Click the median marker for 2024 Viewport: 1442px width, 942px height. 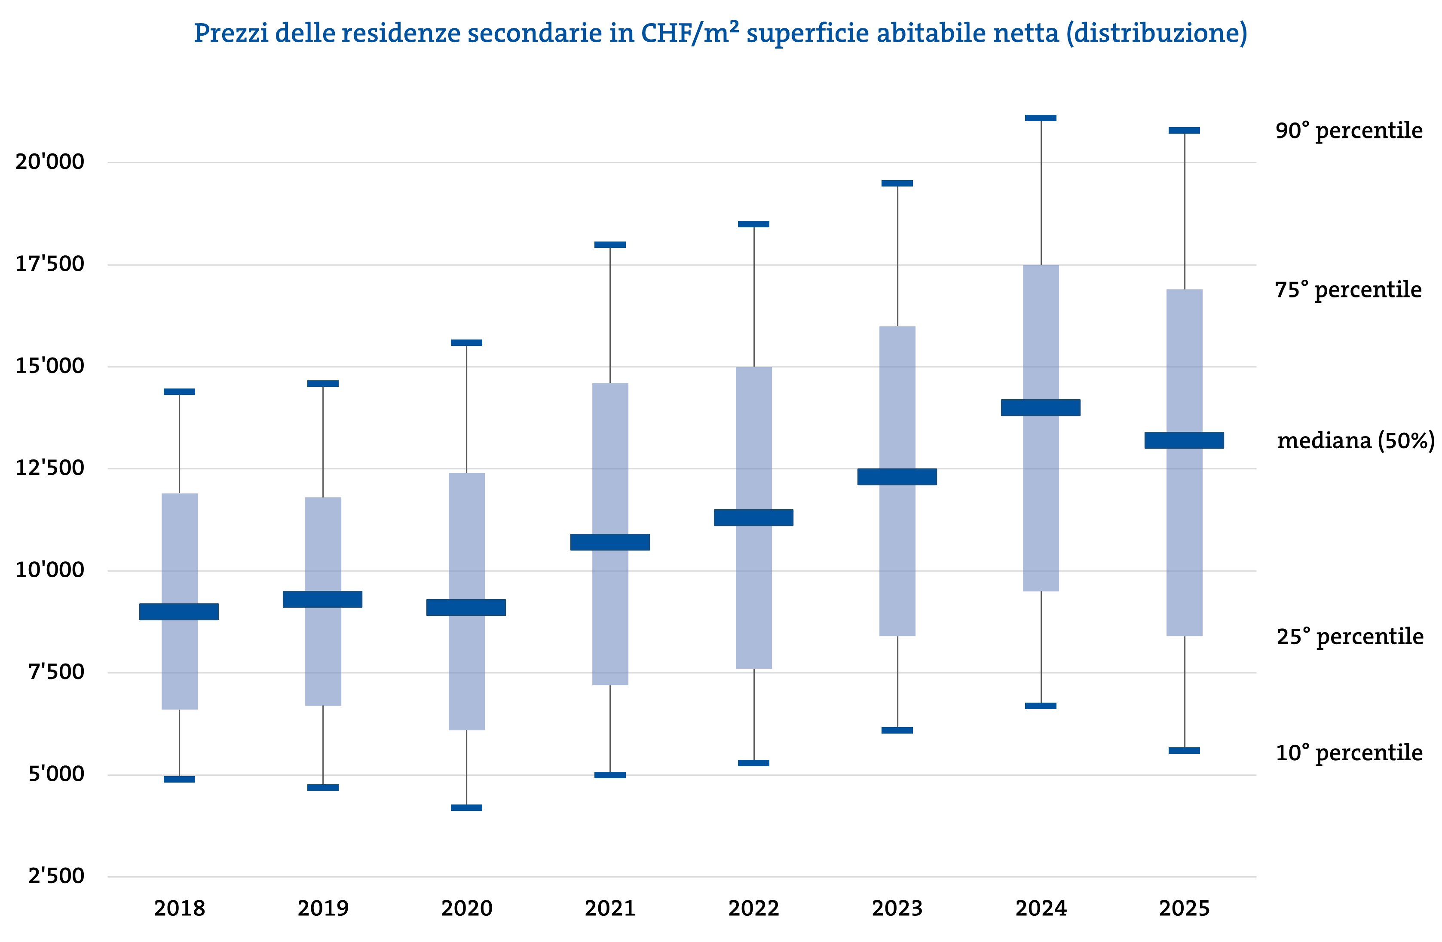click(x=1040, y=408)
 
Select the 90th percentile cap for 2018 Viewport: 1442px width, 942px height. click(x=179, y=391)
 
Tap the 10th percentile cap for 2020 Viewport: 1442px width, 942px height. click(x=466, y=807)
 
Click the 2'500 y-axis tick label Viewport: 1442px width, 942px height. click(x=56, y=876)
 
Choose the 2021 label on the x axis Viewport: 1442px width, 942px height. click(x=610, y=908)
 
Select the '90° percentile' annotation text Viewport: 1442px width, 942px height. click(x=1349, y=131)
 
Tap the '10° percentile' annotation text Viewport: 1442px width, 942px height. click(x=1349, y=753)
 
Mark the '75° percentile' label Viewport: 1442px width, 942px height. click(x=1349, y=290)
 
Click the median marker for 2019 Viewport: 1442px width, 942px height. click(x=323, y=599)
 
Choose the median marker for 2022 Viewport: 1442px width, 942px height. click(x=754, y=517)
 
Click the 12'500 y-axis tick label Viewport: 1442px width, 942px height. click(x=50, y=468)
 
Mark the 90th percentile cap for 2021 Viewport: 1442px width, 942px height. click(x=610, y=245)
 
